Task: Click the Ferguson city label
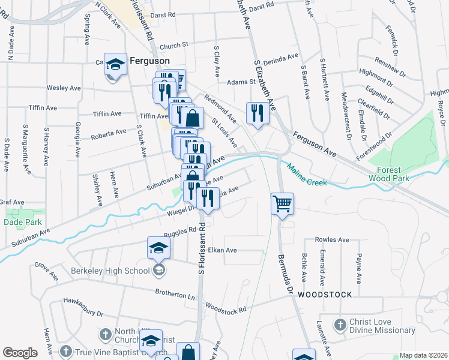148,61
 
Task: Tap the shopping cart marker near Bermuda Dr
282,203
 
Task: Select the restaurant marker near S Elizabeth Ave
258,112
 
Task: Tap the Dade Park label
22,222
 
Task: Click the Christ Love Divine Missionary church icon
340,325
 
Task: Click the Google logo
20,353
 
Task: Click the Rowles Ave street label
332,239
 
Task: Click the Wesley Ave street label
64,88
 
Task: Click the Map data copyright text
423,355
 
